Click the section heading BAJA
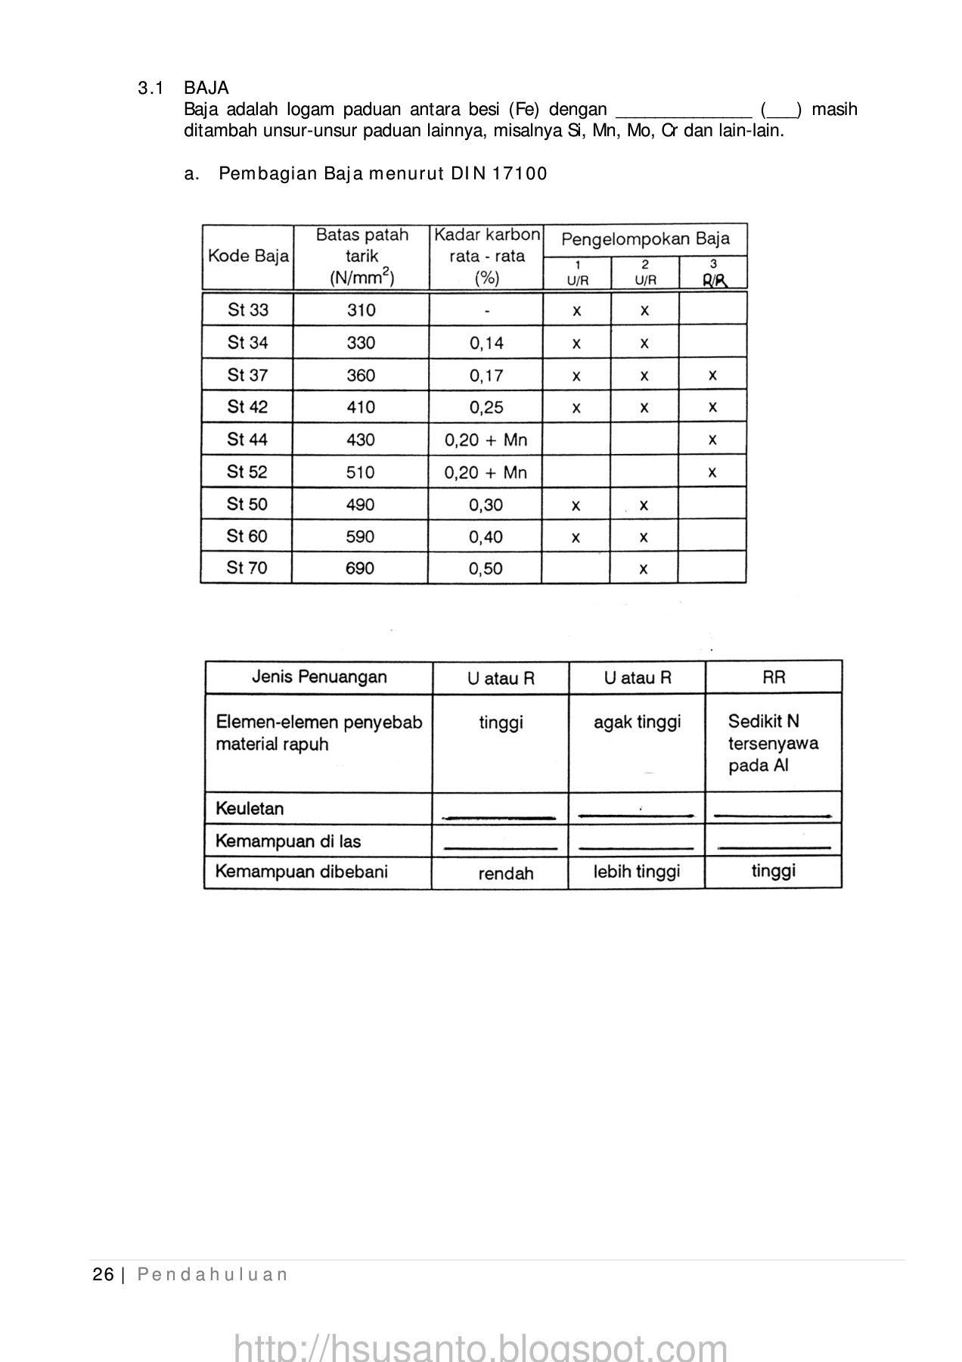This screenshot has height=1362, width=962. click(x=206, y=89)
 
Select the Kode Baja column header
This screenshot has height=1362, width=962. click(x=248, y=257)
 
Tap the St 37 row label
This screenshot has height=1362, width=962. click(x=248, y=375)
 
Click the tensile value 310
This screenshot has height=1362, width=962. click(x=362, y=310)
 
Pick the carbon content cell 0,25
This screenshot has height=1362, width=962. click(x=486, y=408)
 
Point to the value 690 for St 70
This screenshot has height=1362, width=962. click(x=360, y=568)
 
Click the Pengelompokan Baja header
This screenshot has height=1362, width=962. click(x=645, y=240)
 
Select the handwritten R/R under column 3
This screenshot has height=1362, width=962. click(x=714, y=281)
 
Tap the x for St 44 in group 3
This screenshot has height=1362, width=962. click(x=712, y=440)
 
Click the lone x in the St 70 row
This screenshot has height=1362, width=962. click(x=644, y=569)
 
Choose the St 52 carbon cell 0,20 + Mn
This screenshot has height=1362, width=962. click(x=486, y=473)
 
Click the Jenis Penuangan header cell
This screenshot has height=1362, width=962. click(x=319, y=677)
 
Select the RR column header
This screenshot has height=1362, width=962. click(x=774, y=677)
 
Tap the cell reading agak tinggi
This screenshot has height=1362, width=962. click(x=637, y=723)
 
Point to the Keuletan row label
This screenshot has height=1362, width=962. click(x=250, y=809)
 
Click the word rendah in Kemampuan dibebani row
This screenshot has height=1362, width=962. click(x=506, y=874)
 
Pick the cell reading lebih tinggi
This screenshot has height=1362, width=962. click(x=637, y=872)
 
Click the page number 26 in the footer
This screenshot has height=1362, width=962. click(x=103, y=1275)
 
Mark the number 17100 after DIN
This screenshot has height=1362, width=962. click(x=520, y=174)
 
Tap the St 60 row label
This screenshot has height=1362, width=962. click(x=247, y=536)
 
